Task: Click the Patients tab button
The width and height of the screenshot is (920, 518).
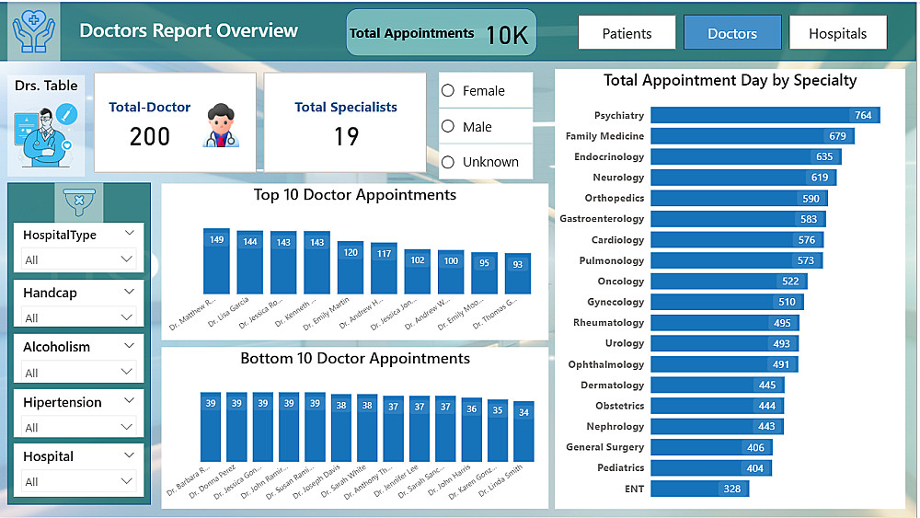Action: (x=627, y=33)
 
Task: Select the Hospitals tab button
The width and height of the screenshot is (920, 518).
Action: (x=837, y=33)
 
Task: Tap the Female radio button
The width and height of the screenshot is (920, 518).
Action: (x=449, y=90)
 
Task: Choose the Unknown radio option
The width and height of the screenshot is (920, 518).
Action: (x=449, y=162)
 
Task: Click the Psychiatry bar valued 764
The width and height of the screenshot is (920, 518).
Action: (x=765, y=115)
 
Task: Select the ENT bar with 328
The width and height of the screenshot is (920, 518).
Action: (x=699, y=489)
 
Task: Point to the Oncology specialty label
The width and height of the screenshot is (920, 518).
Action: (x=621, y=281)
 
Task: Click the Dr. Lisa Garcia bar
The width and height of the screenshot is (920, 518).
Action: (x=250, y=262)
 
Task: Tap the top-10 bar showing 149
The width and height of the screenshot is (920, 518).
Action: (x=216, y=261)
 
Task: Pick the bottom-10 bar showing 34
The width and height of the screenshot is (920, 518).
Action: (x=523, y=431)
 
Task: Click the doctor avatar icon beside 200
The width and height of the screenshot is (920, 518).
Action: (x=221, y=126)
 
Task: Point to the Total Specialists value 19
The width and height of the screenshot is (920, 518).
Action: (x=346, y=137)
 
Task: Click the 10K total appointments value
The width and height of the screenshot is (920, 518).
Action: (x=506, y=35)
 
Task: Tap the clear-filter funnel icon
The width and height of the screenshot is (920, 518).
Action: (x=78, y=200)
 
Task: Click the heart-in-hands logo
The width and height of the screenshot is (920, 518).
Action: (x=34, y=30)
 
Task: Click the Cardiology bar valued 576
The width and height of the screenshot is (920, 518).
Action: (x=736, y=239)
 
